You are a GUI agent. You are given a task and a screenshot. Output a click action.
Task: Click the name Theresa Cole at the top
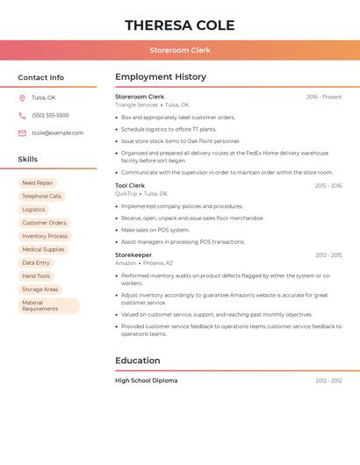coord(179,25)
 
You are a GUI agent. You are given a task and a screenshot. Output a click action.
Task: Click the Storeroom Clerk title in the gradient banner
coord(179,50)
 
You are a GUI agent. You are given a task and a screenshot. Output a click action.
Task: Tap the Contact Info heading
coord(40,77)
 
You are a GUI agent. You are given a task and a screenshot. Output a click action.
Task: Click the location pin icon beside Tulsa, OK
coord(22,97)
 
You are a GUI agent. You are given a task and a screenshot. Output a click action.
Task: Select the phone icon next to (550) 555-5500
coord(22,115)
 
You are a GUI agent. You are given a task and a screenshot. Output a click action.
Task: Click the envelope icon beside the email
coord(22,133)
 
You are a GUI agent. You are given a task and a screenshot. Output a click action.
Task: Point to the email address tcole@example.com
coord(57,133)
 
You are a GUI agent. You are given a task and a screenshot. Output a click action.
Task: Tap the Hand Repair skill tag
coord(37,183)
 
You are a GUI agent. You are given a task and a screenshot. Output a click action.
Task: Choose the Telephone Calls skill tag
coord(41,197)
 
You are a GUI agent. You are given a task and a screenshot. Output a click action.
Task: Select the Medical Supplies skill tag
coord(43,249)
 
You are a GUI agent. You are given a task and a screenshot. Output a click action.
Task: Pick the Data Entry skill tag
coord(36,262)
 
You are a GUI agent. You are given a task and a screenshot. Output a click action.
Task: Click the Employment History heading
coord(161,77)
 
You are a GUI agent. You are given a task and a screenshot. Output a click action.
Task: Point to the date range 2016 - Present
coord(324,97)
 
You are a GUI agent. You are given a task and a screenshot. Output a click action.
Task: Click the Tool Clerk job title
coord(130,186)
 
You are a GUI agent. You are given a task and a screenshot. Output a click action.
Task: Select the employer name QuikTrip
coord(126,194)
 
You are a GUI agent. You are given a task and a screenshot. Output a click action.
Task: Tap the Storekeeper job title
coord(133,255)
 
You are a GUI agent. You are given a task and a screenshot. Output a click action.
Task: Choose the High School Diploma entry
coord(146,381)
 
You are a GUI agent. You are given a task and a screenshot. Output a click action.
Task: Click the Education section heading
coord(137,361)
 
